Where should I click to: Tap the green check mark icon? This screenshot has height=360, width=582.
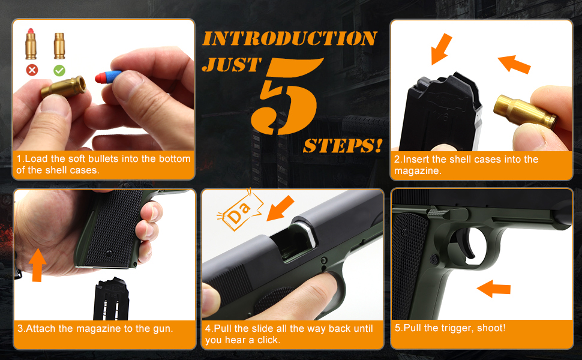(x=59, y=70)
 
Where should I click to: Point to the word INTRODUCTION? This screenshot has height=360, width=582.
(x=289, y=38)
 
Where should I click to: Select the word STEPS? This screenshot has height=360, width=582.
(x=343, y=146)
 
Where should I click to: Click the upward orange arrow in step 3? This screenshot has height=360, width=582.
(x=38, y=265)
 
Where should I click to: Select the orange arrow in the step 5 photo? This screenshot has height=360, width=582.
(x=493, y=288)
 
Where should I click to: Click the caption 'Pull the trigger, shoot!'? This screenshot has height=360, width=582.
(x=450, y=328)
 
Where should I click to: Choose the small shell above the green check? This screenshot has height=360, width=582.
(x=59, y=45)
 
